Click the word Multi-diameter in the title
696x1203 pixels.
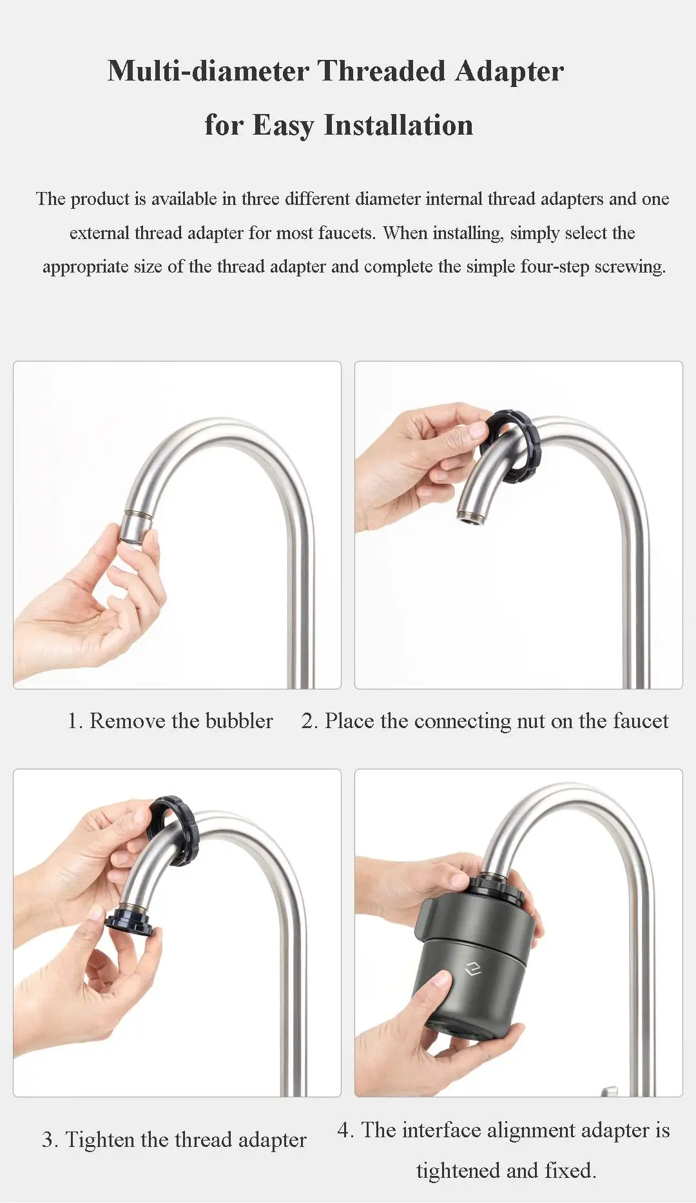pos(208,71)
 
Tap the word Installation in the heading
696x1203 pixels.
pos(398,125)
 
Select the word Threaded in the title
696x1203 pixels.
pos(381,71)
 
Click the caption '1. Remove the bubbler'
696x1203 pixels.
pos(170,720)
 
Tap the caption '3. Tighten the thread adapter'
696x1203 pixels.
pos(174,1139)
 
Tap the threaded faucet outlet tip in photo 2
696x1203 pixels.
pos(470,515)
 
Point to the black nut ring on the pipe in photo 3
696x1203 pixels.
pos(175,831)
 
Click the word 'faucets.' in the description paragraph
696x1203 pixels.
pos(346,233)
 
